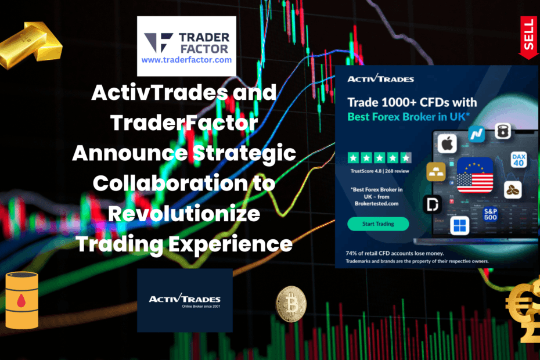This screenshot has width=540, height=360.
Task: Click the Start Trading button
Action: [x=378, y=224]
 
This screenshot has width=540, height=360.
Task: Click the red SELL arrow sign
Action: [x=529, y=38]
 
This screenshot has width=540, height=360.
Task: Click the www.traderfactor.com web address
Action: [x=186, y=59]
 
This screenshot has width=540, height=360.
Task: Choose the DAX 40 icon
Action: [x=519, y=160]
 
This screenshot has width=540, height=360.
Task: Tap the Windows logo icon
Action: [x=460, y=225]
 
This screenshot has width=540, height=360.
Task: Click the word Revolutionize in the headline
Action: [x=185, y=214]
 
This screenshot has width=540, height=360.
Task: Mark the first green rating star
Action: [x=352, y=157]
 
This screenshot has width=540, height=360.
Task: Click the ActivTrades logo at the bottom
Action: [x=185, y=300]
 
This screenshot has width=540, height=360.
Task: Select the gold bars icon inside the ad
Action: [x=436, y=172]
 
